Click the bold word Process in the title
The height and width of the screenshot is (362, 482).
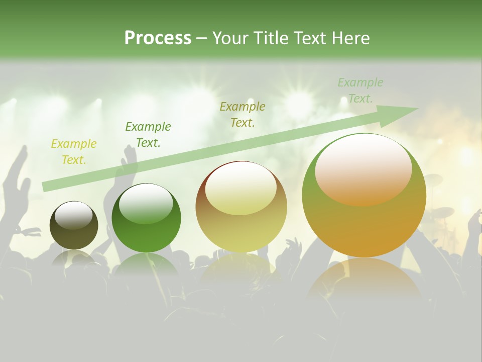158,38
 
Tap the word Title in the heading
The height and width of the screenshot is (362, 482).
271,38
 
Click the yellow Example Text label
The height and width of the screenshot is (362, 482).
74,152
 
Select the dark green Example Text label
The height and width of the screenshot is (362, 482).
148,135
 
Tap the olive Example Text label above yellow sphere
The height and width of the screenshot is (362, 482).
243,115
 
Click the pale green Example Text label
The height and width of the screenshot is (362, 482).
360,90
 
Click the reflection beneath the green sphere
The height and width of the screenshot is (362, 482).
146,264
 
